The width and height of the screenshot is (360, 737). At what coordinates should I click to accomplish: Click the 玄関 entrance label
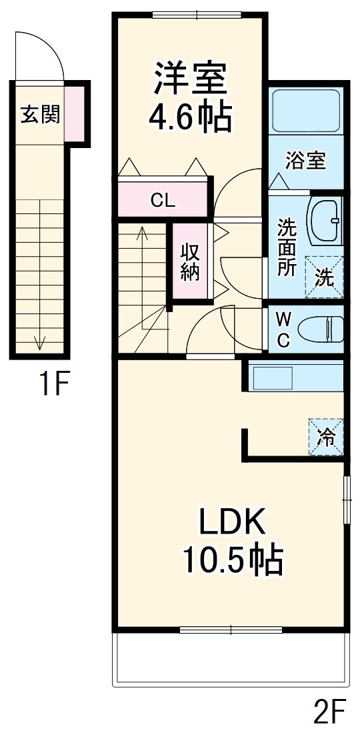tap(39, 115)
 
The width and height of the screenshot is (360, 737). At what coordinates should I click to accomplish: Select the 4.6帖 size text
tap(190, 118)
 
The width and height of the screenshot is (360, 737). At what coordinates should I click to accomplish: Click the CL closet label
tap(163, 199)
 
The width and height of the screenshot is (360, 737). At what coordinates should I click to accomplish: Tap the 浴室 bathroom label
tap(305, 161)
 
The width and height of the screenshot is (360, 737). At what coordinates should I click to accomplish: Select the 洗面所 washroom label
tap(287, 247)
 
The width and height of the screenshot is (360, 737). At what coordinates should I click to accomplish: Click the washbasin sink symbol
tap(325, 219)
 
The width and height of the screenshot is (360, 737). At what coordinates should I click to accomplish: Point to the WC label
tap(283, 329)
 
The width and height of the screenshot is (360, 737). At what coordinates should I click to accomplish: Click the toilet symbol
tap(319, 329)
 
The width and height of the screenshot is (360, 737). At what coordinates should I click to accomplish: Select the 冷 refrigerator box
tap(326, 437)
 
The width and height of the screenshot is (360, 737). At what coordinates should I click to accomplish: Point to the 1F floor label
tap(53, 384)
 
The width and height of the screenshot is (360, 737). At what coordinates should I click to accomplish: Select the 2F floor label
tap(329, 714)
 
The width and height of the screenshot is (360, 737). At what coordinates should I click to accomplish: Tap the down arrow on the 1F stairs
tap(39, 342)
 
